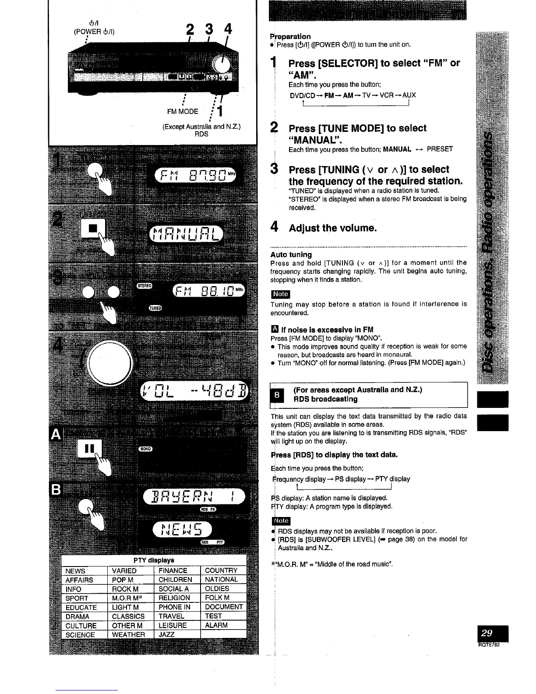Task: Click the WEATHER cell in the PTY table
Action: point(128,634)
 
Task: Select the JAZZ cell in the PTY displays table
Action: point(166,634)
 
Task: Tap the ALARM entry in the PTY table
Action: point(216,625)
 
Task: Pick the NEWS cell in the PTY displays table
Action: point(75,571)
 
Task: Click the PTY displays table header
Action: point(154,560)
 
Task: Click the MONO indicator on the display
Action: point(145,449)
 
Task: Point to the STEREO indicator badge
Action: point(145,286)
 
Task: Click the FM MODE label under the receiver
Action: point(183,111)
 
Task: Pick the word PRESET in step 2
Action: point(440,149)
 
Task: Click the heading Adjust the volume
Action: point(333,228)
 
